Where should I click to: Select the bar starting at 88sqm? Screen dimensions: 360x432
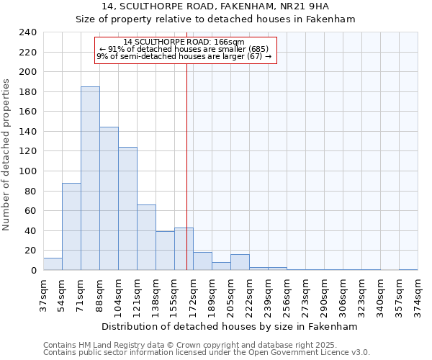pyautogui.click(x=109, y=199)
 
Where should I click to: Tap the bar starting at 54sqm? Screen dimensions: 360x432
pyautogui.click(x=71, y=227)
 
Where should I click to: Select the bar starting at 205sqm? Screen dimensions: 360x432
pyautogui.click(x=240, y=263)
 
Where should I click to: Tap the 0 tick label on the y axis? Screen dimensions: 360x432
pyautogui.click(x=33, y=271)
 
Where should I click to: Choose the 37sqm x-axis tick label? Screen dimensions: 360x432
pyautogui.click(x=44, y=293)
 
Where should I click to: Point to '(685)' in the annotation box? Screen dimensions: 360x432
pyautogui.click(x=258, y=49)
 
